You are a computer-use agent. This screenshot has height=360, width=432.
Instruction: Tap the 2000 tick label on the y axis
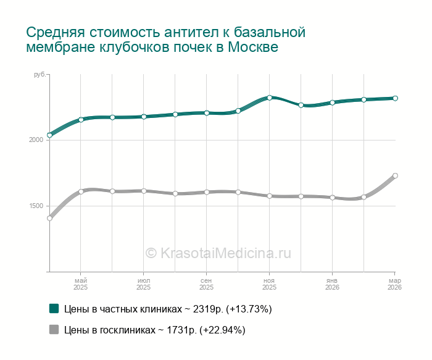point(36,140)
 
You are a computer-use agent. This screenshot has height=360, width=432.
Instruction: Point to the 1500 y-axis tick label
point(36,206)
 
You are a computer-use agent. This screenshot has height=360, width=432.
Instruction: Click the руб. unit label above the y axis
point(39,75)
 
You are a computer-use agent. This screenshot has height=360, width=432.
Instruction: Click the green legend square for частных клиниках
point(54,308)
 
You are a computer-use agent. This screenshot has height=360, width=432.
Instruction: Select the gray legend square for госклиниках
point(54,329)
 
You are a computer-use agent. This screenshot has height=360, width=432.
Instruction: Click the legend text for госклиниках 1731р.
point(154,330)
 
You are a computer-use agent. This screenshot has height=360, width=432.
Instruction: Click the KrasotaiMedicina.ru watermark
point(217,253)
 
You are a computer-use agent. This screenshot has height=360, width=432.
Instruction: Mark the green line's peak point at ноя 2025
point(270,98)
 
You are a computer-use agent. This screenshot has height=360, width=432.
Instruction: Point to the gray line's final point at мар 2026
point(395,176)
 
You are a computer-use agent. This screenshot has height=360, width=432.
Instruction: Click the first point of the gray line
point(49,218)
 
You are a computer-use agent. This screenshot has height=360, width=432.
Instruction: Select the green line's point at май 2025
point(81,120)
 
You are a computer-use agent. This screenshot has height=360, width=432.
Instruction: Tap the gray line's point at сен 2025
point(207,192)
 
